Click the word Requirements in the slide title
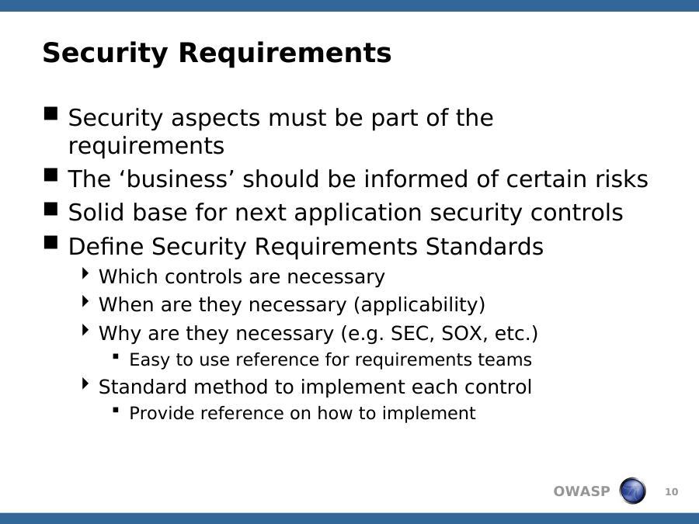(x=284, y=53)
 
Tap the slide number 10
(x=671, y=492)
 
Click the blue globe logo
(x=632, y=491)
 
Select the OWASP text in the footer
(x=581, y=491)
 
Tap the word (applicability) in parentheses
(x=419, y=305)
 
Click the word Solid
(x=96, y=212)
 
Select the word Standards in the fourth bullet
(x=484, y=246)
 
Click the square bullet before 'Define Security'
(x=51, y=243)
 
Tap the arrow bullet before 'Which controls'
(x=85, y=273)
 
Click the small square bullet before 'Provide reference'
(x=116, y=410)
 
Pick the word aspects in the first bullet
(x=215, y=119)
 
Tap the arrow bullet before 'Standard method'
(x=85, y=383)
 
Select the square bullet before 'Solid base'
(x=51, y=209)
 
